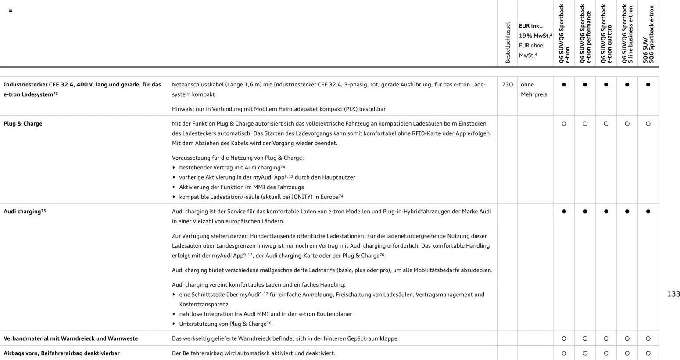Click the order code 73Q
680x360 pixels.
(x=507, y=84)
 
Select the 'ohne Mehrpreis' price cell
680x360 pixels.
(x=533, y=89)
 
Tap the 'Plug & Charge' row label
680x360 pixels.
(x=23, y=124)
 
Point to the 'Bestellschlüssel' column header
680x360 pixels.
(x=508, y=43)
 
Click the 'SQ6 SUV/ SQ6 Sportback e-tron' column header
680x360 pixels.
(x=648, y=34)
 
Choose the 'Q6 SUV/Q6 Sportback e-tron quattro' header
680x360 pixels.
(x=606, y=34)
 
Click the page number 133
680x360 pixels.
(x=673, y=294)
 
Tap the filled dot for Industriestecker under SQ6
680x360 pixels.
(x=648, y=85)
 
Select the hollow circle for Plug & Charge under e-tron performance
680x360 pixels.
(x=585, y=124)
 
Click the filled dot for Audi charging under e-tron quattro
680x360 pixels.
(x=606, y=212)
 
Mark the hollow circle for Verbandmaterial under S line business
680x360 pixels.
(x=627, y=338)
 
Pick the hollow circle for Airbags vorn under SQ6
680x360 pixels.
(x=648, y=353)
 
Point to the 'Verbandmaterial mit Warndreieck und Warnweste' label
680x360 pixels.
(x=71, y=338)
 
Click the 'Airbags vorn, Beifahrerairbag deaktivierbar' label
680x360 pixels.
(x=61, y=353)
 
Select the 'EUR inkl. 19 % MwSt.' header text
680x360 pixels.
(x=535, y=31)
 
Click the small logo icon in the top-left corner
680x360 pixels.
(x=11, y=11)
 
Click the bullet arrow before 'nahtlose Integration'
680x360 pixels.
(x=174, y=314)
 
